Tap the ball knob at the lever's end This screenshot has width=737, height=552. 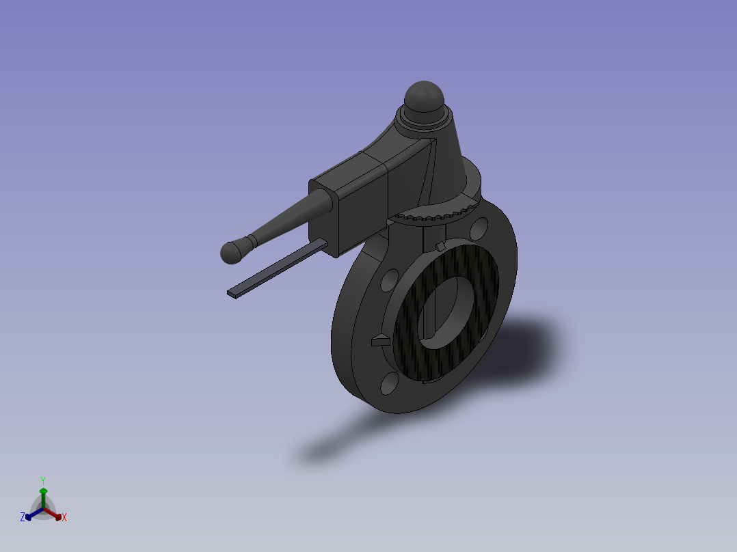[232, 252]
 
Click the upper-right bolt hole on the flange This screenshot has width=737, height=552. [480, 227]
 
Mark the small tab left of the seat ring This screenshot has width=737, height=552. [379, 340]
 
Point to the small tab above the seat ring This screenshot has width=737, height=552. [440, 245]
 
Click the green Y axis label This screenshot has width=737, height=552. [42, 480]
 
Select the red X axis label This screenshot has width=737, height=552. [64, 518]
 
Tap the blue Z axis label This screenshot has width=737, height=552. [23, 518]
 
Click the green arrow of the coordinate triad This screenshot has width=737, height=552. [43, 495]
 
